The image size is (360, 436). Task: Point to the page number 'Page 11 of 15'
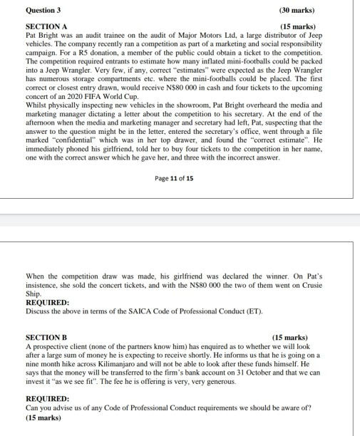coord(173,179)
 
